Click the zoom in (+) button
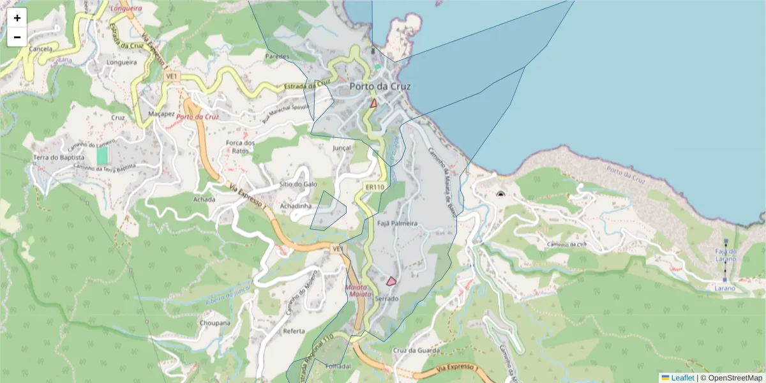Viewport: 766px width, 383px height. point(17,18)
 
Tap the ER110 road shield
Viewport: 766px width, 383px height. point(375,187)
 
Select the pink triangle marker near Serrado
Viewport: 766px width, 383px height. point(391,281)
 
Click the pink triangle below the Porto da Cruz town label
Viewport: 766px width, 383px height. point(374,103)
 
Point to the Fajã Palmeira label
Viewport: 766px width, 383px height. point(397,223)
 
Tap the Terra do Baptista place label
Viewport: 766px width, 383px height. point(59,157)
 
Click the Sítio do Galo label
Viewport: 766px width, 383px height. point(294,184)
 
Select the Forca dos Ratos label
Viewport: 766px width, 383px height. point(241,147)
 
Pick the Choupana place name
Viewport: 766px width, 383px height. point(215,323)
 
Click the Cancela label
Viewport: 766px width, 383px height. point(41,49)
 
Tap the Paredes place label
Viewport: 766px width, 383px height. point(277,56)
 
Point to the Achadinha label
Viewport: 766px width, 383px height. point(296,206)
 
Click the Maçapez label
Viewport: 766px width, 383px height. point(161,114)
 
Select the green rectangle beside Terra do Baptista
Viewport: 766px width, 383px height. point(102,155)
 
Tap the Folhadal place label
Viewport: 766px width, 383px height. point(338,366)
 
